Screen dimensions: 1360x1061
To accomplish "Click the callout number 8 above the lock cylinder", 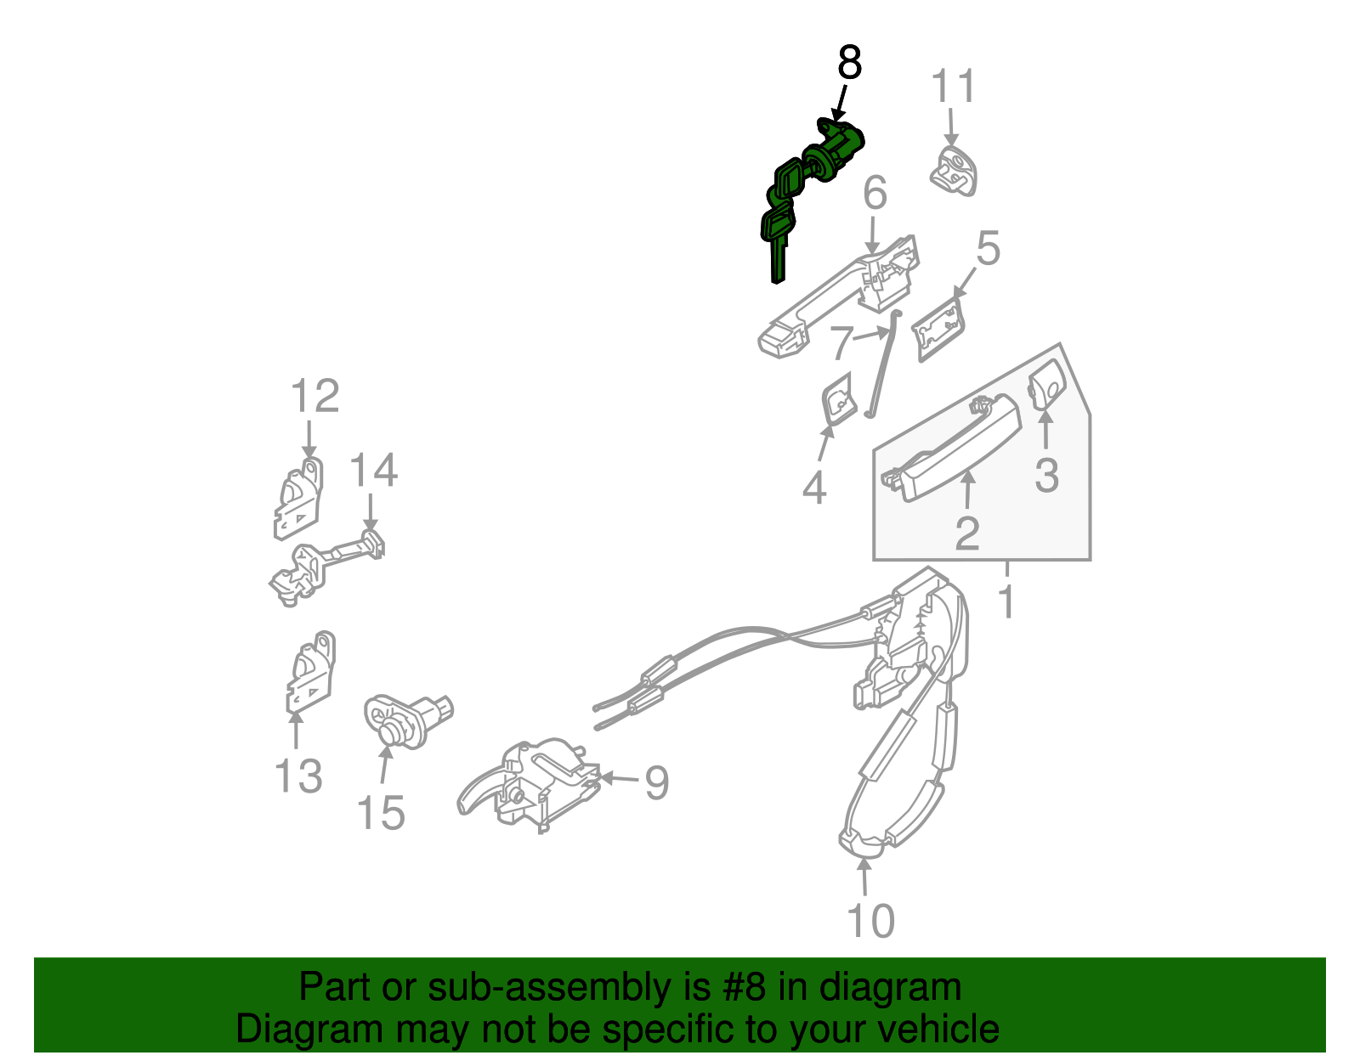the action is pos(849,63).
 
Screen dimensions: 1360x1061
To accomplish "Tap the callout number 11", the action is pos(954,86).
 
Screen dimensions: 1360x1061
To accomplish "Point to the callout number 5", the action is pos(989,247).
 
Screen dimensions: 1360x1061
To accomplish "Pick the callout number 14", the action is pos(373,470).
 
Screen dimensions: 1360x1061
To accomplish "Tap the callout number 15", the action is pos(381,813).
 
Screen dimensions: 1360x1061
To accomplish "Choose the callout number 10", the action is pos(870,920).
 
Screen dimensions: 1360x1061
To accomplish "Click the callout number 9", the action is pos(656,782).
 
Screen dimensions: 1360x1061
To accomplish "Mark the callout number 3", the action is pos(1046,475).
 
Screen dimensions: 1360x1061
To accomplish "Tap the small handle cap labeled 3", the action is pos(1046,385).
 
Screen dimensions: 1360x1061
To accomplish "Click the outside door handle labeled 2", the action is pos(951,448).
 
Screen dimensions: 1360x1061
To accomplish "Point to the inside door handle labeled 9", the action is pos(529,786).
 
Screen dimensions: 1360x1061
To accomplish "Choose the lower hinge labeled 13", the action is pos(310,672).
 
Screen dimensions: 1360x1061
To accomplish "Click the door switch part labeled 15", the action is pos(408,721).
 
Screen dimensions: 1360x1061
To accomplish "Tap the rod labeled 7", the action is pos(882,364).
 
